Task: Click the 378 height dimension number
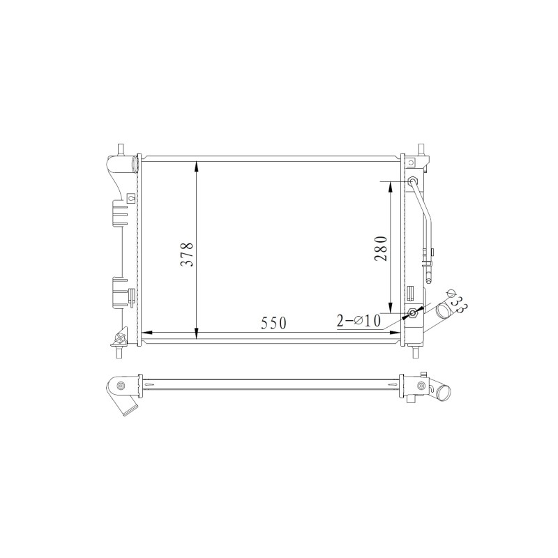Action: (x=186, y=255)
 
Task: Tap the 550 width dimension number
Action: (x=273, y=323)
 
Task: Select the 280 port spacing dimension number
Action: (x=380, y=248)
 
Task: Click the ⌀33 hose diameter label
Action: (x=457, y=302)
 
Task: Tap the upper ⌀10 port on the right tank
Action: (x=413, y=181)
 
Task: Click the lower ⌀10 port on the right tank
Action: (x=413, y=313)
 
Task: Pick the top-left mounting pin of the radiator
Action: (x=121, y=149)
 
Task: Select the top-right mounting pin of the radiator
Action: (x=422, y=149)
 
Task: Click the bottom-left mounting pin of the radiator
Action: (x=119, y=352)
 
